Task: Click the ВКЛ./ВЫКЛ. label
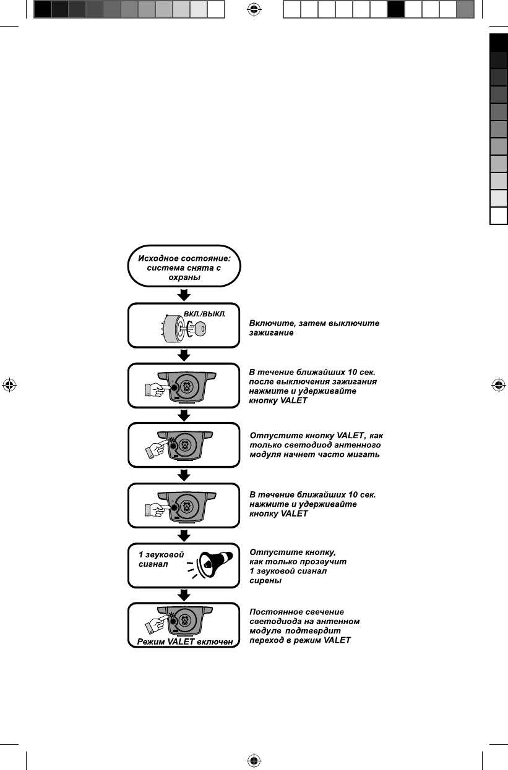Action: tap(204, 313)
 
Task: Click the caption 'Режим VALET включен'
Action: tap(184, 642)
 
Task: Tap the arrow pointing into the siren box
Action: tap(184, 535)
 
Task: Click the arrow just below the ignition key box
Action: tap(184, 355)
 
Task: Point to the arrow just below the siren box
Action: tap(184, 594)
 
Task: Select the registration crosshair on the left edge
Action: tap(9, 384)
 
